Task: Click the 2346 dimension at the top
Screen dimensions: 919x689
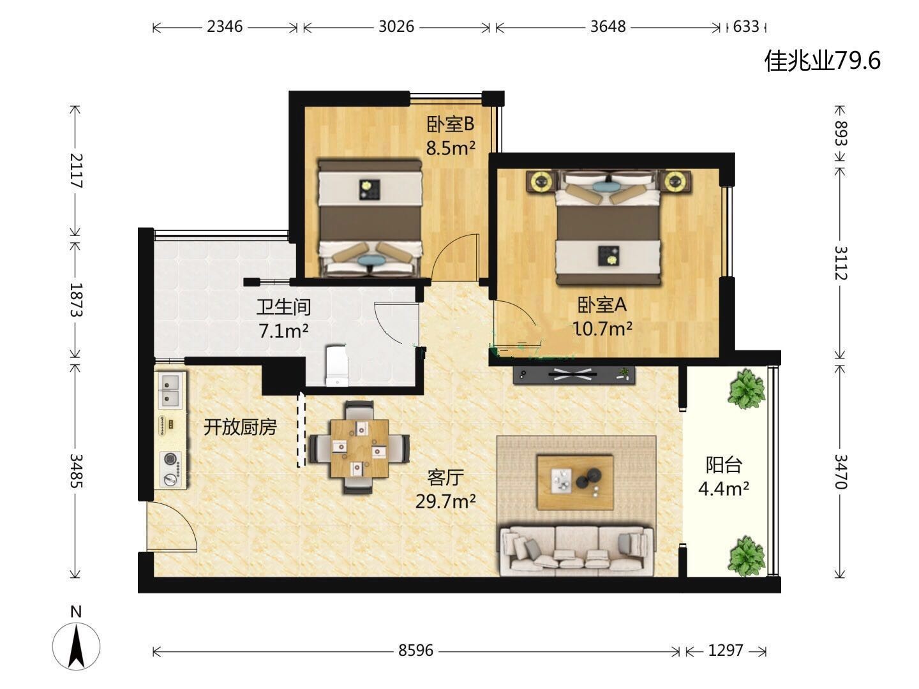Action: (x=225, y=27)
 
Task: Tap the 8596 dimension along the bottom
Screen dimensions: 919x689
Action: (x=415, y=650)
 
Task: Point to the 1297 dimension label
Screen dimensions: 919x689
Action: (x=726, y=650)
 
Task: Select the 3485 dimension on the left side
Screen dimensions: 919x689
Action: (x=76, y=471)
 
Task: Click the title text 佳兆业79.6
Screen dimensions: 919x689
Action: (x=823, y=61)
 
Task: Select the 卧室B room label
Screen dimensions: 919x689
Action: (x=450, y=124)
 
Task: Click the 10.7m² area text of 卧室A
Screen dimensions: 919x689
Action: (x=602, y=329)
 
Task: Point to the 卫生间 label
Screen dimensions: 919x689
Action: (x=283, y=307)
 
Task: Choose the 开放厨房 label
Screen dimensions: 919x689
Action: (x=240, y=427)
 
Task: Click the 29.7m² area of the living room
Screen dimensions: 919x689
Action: (x=445, y=501)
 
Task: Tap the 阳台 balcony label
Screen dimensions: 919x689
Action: (x=724, y=465)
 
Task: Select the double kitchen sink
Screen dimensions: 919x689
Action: (x=170, y=390)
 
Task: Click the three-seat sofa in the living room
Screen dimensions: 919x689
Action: (x=577, y=551)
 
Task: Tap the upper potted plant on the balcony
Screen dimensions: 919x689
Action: (x=746, y=389)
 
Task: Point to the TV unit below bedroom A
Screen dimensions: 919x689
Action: (x=574, y=375)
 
